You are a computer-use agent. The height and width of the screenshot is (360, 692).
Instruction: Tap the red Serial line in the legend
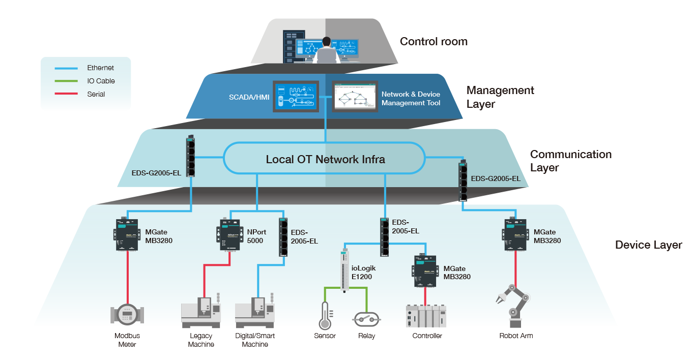[x=66, y=94]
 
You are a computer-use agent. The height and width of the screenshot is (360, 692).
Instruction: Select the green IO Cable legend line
[x=66, y=81]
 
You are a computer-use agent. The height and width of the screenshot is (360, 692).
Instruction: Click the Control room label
[x=434, y=42]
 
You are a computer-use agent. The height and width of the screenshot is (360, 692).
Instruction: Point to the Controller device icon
[x=426, y=315]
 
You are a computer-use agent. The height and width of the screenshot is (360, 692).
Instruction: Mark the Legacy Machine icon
[x=202, y=312]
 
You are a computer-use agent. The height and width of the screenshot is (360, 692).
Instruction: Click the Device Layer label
[x=648, y=245]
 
